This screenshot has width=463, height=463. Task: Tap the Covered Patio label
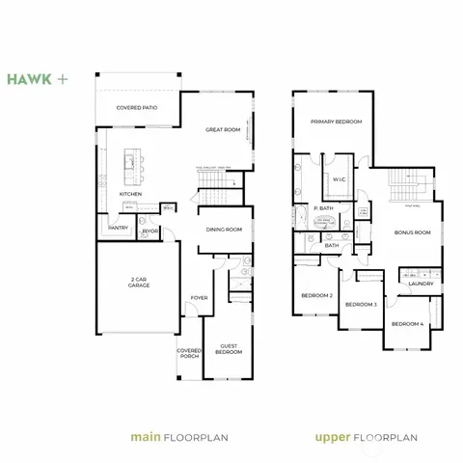[137, 108]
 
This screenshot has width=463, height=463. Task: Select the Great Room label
[223, 129]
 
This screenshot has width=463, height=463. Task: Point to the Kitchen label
[131, 194]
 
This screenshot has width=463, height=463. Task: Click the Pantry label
[118, 228]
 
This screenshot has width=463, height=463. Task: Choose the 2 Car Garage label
[139, 284]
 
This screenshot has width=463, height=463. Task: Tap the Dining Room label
[225, 230]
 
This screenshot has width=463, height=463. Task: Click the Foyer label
[199, 298]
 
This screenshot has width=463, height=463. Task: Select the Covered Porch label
[189, 354]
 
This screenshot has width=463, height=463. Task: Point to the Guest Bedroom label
[229, 349]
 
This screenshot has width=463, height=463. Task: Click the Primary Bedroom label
[336, 122]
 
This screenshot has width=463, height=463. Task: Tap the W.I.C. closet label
[340, 179]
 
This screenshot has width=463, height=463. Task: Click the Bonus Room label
[412, 232]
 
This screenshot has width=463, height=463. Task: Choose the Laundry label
[420, 284]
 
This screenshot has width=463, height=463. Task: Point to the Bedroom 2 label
[316, 295]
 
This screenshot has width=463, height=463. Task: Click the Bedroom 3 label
[361, 305]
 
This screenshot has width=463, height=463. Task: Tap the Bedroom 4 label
[406, 323]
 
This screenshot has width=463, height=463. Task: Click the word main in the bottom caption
[142, 437]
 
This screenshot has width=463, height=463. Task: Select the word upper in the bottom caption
[333, 437]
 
